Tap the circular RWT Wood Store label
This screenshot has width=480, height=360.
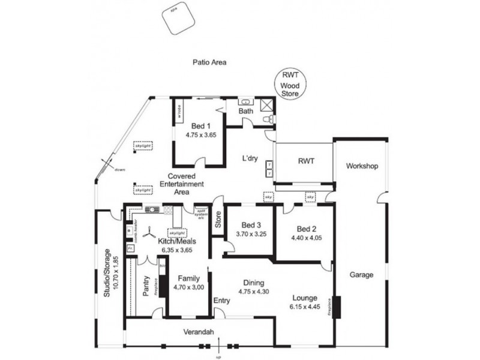pos(291,85)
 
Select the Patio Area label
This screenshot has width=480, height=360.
pos(208,62)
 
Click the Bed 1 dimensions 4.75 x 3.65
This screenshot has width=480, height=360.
pos(200,136)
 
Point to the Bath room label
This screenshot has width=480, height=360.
pos(246,112)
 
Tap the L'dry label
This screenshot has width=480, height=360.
pos(250,160)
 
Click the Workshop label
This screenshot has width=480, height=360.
pos(362,166)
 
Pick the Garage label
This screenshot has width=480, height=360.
pos(362,275)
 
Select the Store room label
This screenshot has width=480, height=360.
pos(218,220)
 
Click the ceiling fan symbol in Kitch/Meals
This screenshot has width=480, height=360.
pos(150,234)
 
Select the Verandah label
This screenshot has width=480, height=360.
pos(198,333)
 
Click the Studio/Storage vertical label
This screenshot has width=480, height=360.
pos(107,273)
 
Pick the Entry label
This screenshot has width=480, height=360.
pos(221,301)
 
